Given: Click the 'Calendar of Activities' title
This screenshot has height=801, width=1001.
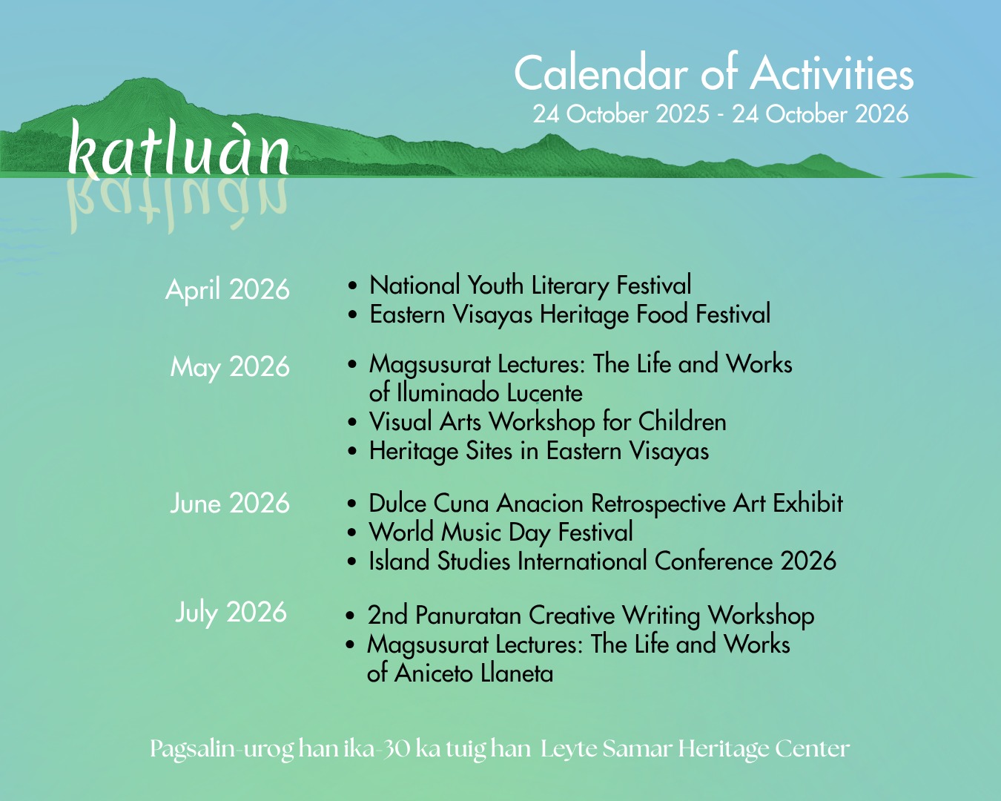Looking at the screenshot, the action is pos(713,73).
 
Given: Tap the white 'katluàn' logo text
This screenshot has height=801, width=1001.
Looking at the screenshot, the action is pos(179,148).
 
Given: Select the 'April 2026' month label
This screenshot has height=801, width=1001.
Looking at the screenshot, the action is pos(228,289).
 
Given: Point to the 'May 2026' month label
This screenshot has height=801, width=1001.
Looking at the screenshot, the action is pos(230,368).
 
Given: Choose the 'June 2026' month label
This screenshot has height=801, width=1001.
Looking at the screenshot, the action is pos(230,503).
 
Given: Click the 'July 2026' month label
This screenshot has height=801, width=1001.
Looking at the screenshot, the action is pos(231,613).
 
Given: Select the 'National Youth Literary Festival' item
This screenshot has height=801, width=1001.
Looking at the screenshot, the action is pos(530,286).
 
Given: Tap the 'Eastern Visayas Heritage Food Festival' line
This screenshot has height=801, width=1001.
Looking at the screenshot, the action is pos(569,314).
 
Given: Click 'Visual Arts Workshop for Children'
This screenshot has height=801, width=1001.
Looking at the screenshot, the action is pos(547,422).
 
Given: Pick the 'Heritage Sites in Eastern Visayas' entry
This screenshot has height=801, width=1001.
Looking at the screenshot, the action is pos(538,451).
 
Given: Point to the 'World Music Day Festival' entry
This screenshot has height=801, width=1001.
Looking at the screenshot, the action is pos(501,532).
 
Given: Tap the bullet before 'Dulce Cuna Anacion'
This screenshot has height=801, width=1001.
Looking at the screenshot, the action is pos(352,504).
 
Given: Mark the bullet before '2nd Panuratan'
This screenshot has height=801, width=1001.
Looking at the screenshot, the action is pos(351,616).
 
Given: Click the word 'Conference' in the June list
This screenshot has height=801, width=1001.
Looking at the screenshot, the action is pos(713,561).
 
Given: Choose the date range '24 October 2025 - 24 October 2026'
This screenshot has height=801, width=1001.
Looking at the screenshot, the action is pos(721,114).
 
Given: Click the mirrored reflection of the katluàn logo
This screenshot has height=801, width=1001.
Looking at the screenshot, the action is pos(177,205).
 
